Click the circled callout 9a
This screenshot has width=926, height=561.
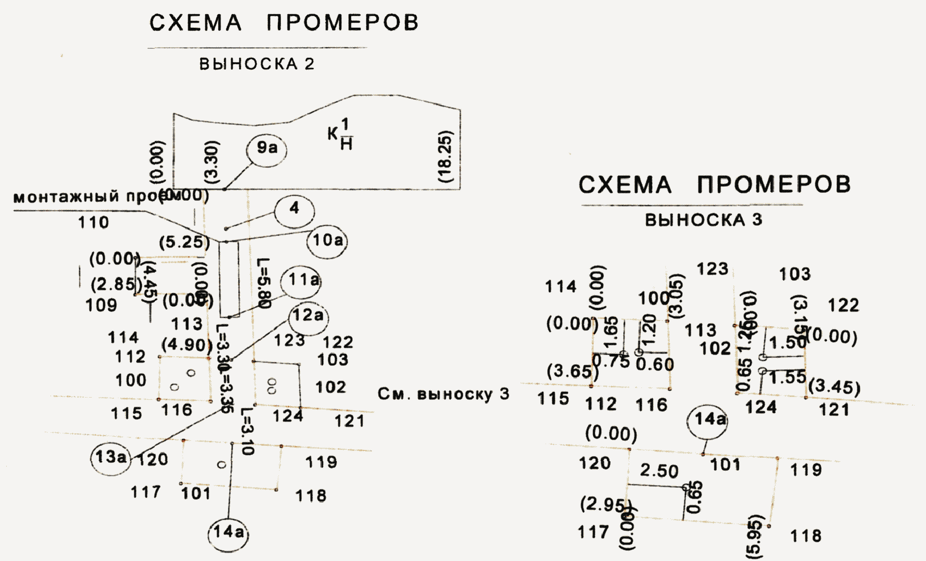tap(267, 149)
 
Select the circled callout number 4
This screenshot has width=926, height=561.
tap(294, 209)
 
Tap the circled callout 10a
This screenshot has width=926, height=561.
tap(327, 241)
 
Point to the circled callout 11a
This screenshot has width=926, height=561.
tap(303, 280)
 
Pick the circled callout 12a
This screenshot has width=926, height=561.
tap(308, 316)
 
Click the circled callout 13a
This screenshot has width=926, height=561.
tap(111, 457)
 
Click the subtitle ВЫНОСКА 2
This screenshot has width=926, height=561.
tap(256, 64)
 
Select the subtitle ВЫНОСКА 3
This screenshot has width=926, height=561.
tap(703, 220)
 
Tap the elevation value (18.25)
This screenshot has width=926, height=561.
tap(446, 157)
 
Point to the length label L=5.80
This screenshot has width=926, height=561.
tap(264, 283)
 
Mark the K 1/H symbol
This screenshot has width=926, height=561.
tap(341, 134)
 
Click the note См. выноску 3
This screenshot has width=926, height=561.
tap(443, 394)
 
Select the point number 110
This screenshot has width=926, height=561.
tap(94, 222)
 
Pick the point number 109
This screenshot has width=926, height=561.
tap(102, 305)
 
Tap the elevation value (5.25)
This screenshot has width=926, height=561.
tap(184, 243)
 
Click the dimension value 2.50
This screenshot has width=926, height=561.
tap(659, 471)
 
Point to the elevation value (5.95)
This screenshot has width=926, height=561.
tap(756, 533)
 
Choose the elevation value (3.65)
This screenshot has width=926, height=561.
tap(573, 371)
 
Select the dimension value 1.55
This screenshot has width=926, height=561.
tap(788, 377)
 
